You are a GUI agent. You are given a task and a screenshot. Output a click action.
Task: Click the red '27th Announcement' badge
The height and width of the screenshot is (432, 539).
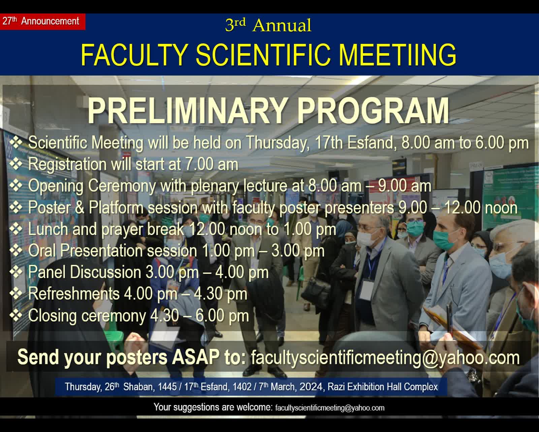click(x=42, y=22)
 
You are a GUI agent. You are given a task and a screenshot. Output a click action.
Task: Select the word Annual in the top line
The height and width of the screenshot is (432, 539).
click(x=282, y=25)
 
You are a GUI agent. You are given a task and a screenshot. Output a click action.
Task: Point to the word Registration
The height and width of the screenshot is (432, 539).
click(x=67, y=164)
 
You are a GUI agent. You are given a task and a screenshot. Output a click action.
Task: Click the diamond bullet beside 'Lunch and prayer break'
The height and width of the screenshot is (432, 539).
click(x=16, y=229)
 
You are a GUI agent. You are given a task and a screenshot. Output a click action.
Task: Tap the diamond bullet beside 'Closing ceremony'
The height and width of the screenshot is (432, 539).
click(x=16, y=316)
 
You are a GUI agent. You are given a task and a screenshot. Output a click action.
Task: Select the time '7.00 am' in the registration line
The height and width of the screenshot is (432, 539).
click(x=212, y=164)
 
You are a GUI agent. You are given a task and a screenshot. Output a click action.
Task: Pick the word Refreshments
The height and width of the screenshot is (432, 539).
click(x=74, y=293)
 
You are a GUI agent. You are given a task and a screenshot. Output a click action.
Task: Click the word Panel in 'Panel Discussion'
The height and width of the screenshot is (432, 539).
click(x=47, y=272)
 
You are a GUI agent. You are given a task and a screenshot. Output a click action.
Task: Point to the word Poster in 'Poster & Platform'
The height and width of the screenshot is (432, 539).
click(x=49, y=208)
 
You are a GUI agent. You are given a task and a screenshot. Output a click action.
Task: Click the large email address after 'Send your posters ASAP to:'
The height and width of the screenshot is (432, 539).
click(x=385, y=357)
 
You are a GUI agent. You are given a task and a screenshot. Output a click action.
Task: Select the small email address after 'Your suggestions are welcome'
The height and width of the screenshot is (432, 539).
click(x=330, y=408)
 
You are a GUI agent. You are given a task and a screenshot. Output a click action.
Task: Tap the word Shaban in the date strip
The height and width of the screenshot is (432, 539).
click(x=138, y=387)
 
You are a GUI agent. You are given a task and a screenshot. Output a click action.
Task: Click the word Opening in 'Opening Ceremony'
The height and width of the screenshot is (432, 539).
click(x=56, y=187)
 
